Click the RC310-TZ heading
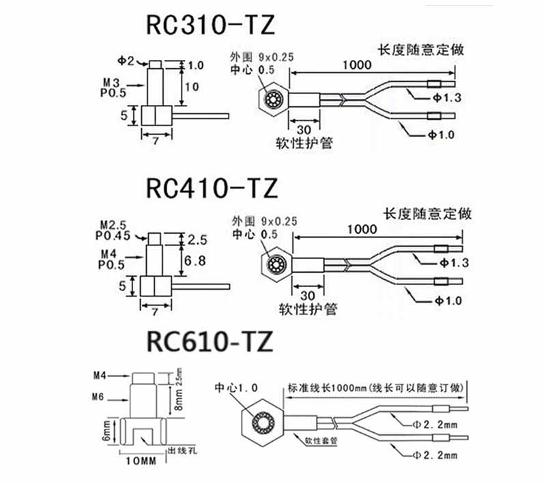pyautogui.click(x=210, y=26)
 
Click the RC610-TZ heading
pyautogui.click(x=209, y=340)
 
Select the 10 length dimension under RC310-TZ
pyautogui.click(x=192, y=87)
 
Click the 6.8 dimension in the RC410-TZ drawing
pyautogui.click(x=197, y=260)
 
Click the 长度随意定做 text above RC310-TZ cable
pyautogui.click(x=421, y=50)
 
